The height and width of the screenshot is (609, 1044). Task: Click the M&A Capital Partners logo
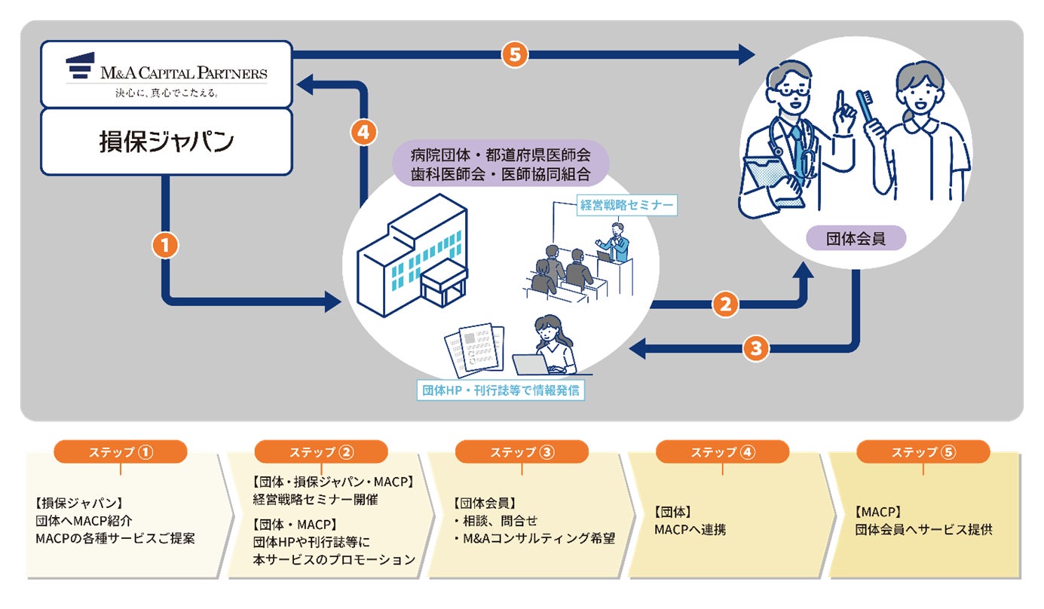point(166,73)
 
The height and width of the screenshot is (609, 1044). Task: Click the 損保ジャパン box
point(166,141)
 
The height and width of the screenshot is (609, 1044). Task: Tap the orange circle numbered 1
point(164,245)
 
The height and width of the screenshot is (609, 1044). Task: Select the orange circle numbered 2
point(724,304)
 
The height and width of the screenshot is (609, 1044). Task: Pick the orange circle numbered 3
point(756,348)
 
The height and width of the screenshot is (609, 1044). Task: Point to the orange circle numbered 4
point(363,133)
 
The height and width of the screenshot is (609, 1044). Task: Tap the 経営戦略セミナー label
point(626,204)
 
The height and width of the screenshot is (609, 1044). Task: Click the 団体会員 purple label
point(856,239)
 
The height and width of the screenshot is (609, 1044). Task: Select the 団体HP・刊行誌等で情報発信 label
point(501,390)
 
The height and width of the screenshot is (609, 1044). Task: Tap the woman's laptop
point(530,364)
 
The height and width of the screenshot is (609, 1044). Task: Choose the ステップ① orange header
point(121,451)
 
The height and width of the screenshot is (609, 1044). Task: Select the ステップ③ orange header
point(522,451)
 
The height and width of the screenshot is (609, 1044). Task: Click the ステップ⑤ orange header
point(923,451)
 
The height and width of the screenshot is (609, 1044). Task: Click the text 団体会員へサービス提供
point(924,529)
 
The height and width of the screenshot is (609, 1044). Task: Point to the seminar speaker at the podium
point(617,242)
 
